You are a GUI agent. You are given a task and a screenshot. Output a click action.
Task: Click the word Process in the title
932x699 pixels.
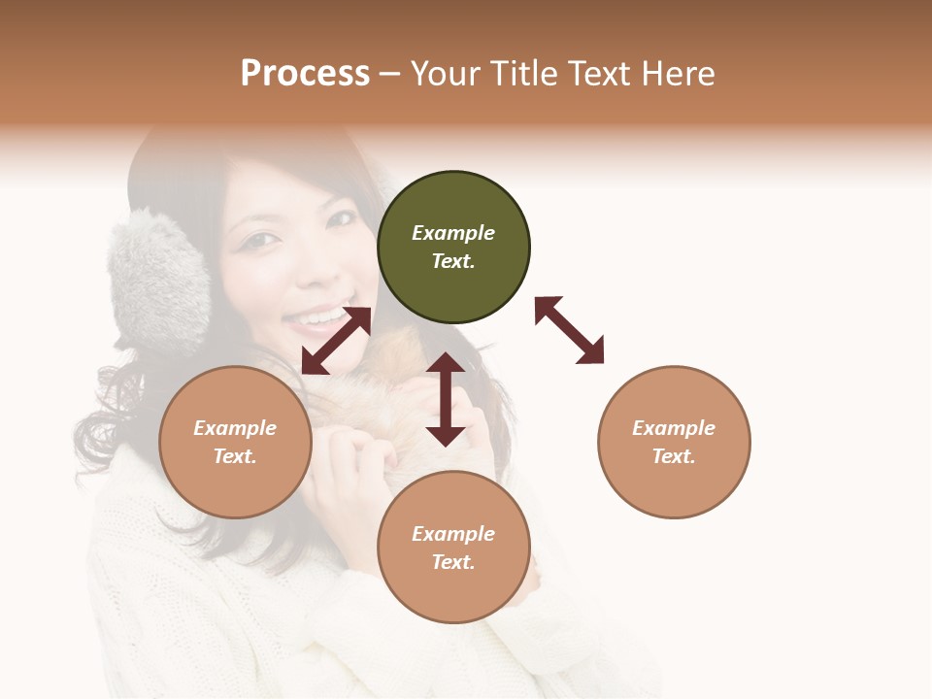305,74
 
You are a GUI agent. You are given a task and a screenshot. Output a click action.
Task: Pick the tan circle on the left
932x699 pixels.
235,442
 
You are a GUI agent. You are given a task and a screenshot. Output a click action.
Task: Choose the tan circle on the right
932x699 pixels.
674,442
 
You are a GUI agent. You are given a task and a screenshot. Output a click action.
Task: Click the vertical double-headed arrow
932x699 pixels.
446,399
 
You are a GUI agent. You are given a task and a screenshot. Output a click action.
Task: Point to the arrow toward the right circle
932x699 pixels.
570,330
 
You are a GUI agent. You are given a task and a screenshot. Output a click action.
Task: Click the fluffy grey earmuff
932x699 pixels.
161,282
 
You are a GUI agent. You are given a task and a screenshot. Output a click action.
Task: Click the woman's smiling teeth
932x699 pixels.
319,316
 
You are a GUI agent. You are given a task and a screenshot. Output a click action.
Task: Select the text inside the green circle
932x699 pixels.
453,247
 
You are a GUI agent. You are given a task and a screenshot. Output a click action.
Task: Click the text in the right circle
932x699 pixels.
674,442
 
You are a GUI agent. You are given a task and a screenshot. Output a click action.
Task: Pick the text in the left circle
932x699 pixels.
235,442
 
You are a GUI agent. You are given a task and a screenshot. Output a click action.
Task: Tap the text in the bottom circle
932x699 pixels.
453,548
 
